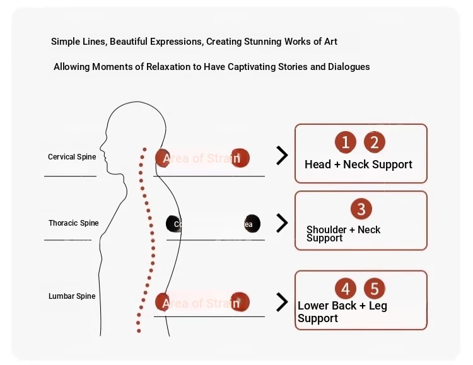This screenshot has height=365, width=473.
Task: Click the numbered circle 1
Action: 346,142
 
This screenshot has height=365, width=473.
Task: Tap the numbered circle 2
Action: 374,142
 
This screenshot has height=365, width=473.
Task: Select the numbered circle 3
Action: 361,209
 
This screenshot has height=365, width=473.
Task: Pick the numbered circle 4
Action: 346,289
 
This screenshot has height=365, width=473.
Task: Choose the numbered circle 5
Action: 375,289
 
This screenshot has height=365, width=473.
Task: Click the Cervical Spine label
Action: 72,157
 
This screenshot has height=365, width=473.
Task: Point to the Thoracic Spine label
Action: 74,223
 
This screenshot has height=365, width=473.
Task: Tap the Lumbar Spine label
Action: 72,296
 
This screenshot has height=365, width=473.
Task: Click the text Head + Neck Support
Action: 358,165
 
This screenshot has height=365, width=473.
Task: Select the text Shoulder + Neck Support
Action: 344,234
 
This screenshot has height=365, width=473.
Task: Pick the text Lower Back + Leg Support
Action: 342,312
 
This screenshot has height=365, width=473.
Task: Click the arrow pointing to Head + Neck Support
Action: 282,155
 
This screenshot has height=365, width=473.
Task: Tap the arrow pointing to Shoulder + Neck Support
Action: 282,223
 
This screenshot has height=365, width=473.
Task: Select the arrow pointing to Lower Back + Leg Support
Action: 282,302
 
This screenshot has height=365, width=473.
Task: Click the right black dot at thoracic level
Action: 251,224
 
